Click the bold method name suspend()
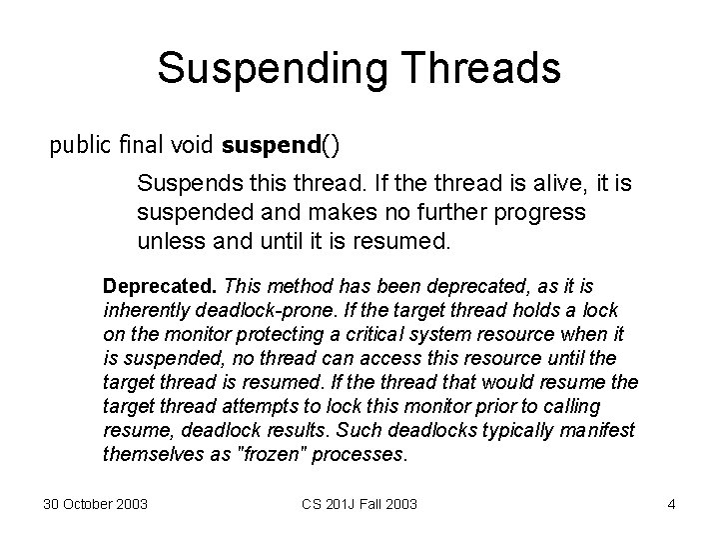click(281, 146)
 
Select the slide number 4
click(671, 504)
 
